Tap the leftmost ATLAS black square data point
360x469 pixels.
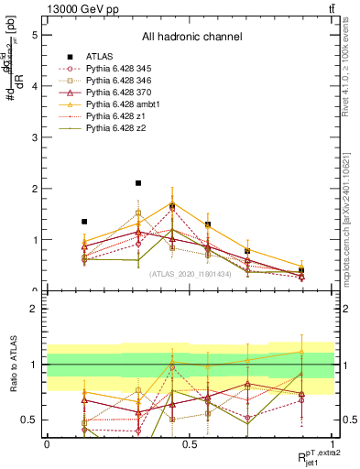click(x=84, y=222)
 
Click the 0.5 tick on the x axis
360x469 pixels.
click(x=190, y=443)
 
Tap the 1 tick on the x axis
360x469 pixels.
click(x=333, y=443)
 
